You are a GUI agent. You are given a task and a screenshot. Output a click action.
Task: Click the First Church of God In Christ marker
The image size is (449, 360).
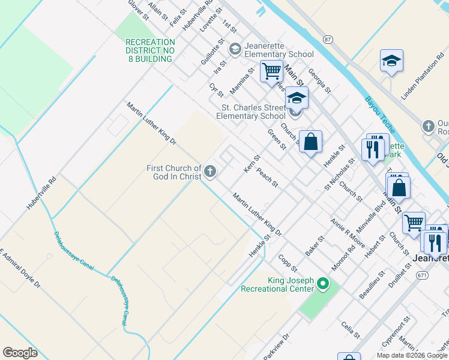[210, 172]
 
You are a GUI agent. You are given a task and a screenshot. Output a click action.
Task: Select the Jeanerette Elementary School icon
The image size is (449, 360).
[235, 48]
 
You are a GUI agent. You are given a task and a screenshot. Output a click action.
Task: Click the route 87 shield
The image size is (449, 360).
[327, 39]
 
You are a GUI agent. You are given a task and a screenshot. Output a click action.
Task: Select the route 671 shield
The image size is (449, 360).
[424, 274]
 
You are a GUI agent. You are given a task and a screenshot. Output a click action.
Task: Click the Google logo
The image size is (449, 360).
[20, 352]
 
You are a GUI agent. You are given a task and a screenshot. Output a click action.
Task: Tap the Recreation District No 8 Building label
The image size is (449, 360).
[150, 50]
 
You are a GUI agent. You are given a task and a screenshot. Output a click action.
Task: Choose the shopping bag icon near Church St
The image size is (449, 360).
[310, 142]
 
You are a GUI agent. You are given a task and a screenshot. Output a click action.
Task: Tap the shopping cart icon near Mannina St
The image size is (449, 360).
[271, 71]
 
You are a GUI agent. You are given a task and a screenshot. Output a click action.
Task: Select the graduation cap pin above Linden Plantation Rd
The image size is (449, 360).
[391, 61]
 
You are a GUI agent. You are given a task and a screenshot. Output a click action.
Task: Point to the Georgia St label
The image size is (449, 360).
[319, 80]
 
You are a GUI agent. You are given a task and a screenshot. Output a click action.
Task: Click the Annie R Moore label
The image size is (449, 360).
[348, 232]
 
